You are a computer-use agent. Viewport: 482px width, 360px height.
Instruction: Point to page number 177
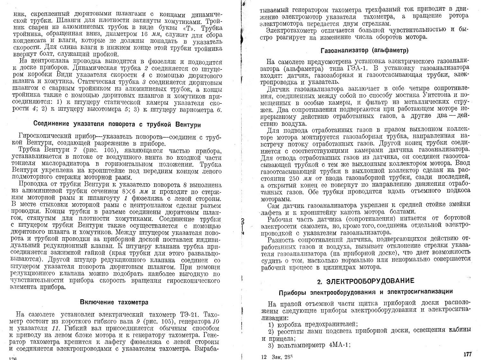468,354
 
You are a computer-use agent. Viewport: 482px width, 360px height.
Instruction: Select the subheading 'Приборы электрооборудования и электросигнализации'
366,292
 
